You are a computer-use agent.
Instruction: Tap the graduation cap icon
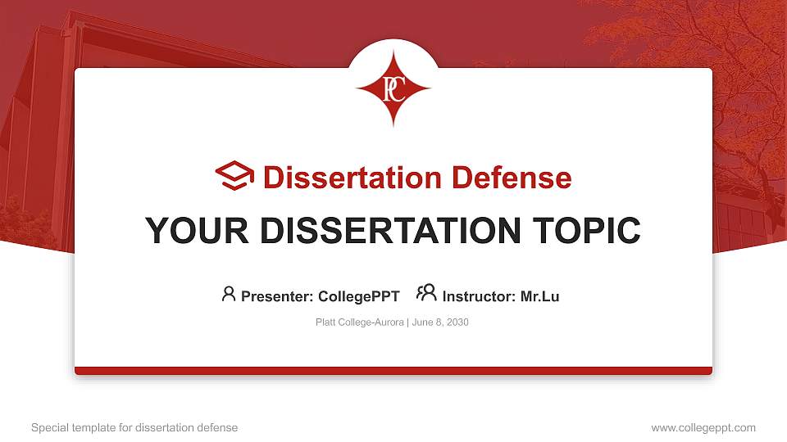[x=235, y=176]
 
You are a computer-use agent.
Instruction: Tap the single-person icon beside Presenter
[x=229, y=294]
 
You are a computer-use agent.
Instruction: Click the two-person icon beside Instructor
[x=426, y=293]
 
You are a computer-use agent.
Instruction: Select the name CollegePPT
[x=359, y=296]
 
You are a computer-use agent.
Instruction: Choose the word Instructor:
[x=480, y=296]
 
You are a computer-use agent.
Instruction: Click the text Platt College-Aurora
[x=359, y=322]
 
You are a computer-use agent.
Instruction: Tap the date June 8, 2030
[x=440, y=322]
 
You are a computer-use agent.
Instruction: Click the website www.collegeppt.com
[x=703, y=427]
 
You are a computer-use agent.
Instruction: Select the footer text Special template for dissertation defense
[x=134, y=427]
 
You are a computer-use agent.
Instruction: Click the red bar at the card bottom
[x=393, y=371]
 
